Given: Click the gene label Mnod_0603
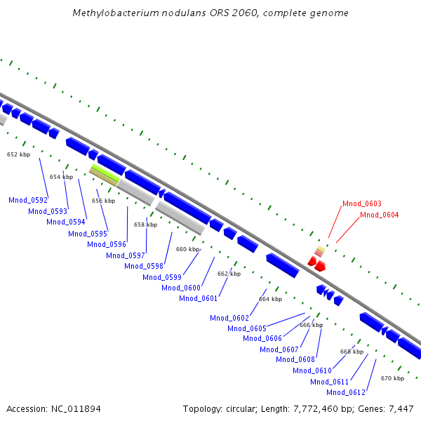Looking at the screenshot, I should point(362,203).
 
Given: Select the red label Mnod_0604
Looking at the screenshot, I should point(379,215).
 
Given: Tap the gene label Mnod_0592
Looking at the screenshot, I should point(28,200).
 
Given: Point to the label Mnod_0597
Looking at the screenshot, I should point(126,255).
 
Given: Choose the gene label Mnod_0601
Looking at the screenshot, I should point(199,298).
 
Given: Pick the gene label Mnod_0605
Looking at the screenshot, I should point(247,328).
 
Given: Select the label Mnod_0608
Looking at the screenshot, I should point(295,359).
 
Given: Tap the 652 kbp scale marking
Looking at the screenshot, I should point(19,154).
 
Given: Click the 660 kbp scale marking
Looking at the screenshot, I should point(187,249).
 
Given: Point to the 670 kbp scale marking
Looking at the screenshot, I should point(392,378).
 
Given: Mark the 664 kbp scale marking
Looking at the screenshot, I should point(270,299).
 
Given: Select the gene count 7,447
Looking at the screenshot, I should point(399,408).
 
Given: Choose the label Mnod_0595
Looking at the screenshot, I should point(88,234).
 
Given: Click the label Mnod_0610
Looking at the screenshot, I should point(312,370).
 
